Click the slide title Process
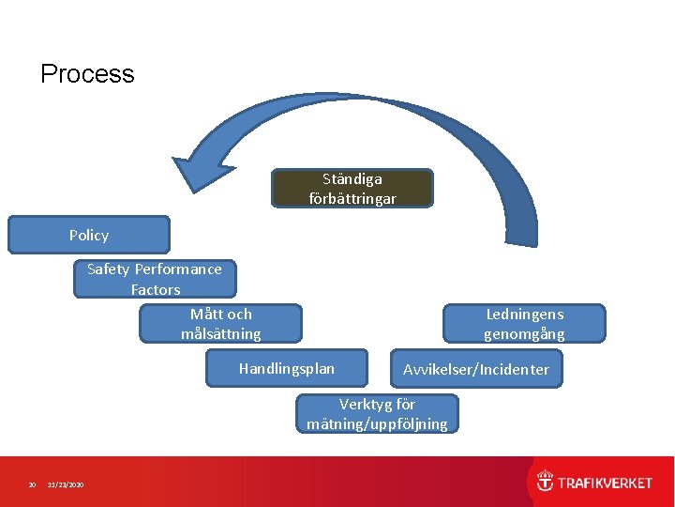tap(87, 74)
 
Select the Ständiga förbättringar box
tap(352, 188)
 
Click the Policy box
tap(89, 235)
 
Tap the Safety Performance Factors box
tap(155, 279)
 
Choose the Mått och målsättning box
tap(221, 323)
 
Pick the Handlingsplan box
tap(286, 368)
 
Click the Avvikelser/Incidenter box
tap(476, 369)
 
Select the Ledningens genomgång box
tap(524, 323)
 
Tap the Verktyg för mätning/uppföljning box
tap(377, 414)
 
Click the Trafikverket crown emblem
tap(545, 482)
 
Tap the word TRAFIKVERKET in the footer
tap(606, 483)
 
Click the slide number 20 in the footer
tap(32, 484)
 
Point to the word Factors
tap(156, 290)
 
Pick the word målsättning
tap(221, 334)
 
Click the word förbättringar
tap(352, 199)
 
